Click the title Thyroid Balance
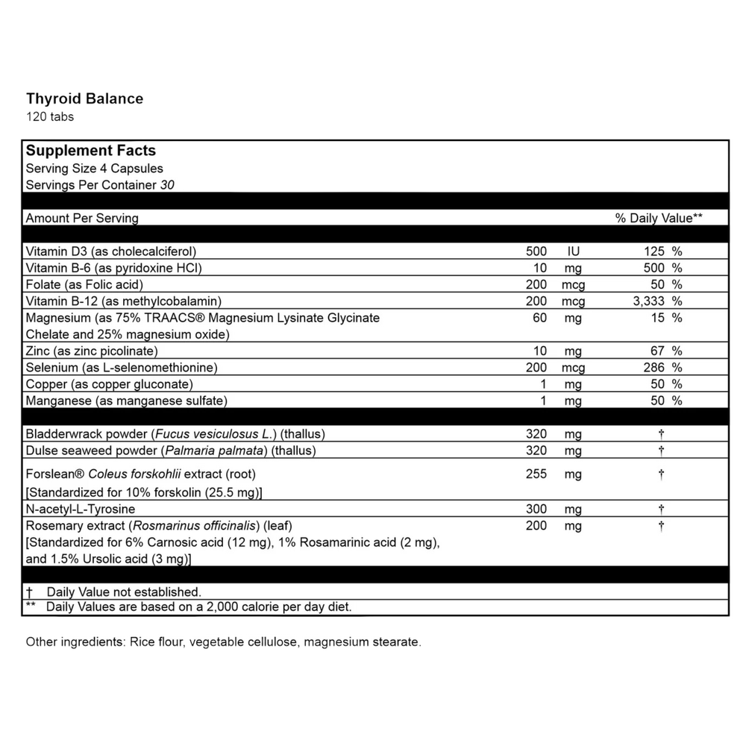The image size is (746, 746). click(x=84, y=98)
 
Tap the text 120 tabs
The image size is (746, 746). click(x=50, y=116)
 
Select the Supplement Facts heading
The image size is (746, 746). click(x=91, y=151)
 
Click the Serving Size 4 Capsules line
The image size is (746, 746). click(x=94, y=169)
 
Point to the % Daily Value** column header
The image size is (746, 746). click(x=659, y=219)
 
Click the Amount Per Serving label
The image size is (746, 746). click(x=82, y=219)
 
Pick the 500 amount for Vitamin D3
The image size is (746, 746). click(x=536, y=251)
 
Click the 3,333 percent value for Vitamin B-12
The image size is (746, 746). click(x=648, y=301)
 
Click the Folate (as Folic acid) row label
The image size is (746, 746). click(x=84, y=284)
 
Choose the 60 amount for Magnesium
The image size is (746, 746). click(x=539, y=318)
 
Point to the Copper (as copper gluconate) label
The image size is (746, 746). click(x=109, y=383)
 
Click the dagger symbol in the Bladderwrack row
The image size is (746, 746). click(x=661, y=434)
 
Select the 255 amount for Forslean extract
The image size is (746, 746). click(x=536, y=474)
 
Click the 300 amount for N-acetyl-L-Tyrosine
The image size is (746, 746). click(x=536, y=510)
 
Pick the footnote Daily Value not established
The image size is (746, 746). click(x=123, y=592)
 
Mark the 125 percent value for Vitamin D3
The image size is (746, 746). click(x=653, y=251)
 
